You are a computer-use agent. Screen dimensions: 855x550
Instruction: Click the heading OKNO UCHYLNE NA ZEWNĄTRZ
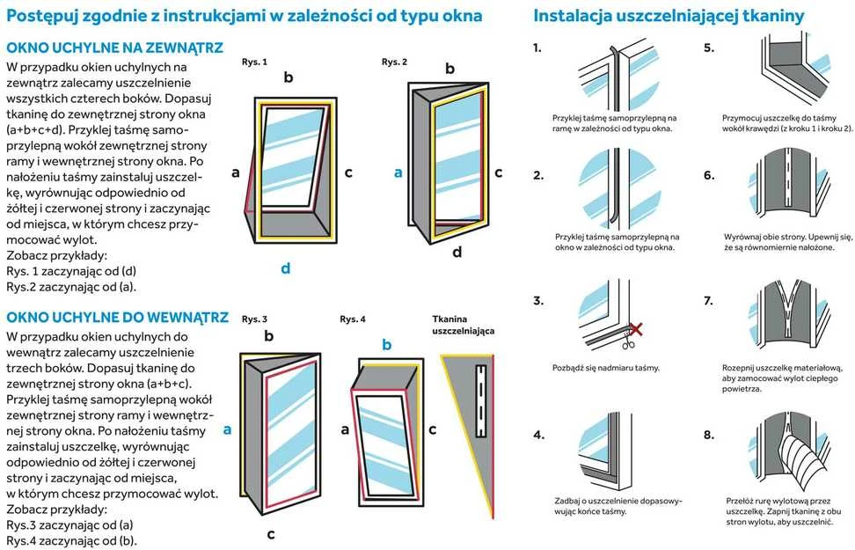point(114,48)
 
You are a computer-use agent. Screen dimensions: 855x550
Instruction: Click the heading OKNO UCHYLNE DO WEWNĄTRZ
point(117,318)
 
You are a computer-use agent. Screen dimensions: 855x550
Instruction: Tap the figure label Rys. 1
point(254,62)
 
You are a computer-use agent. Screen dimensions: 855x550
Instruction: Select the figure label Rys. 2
point(394,62)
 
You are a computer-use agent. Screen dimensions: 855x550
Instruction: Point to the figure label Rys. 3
point(254,319)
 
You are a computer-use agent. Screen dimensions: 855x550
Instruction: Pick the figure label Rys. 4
point(353,319)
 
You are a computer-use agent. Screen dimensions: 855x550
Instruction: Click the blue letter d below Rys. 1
point(285,268)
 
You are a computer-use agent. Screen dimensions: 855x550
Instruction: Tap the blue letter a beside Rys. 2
point(398,173)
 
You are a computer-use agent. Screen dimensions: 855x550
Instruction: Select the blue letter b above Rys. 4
point(387,345)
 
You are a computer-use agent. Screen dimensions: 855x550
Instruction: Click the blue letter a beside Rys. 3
point(227,430)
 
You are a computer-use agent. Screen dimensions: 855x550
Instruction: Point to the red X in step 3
point(636,329)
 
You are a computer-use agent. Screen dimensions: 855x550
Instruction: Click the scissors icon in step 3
point(628,342)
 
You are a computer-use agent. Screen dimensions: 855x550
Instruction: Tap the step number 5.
point(709,48)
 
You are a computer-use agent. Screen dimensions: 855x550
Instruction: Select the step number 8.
point(709,435)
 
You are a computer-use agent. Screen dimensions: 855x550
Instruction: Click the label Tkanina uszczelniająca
point(464,325)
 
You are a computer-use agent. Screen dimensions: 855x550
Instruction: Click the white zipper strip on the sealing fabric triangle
point(480,400)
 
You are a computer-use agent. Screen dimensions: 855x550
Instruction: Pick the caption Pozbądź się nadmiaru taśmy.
point(606,368)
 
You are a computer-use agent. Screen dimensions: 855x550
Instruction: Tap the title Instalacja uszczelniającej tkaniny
point(669,15)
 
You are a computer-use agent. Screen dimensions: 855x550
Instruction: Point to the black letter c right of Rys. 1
point(348,173)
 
